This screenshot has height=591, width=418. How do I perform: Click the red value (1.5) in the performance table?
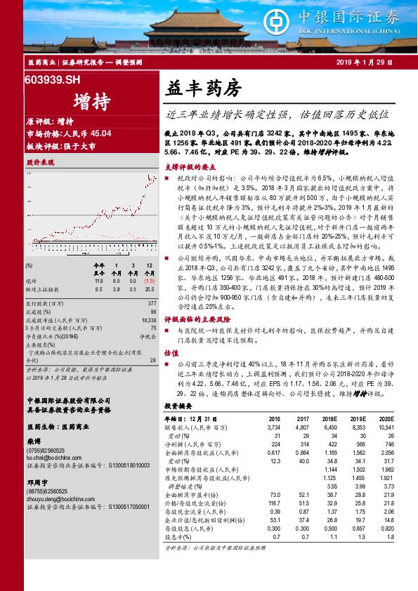(x=150, y=282)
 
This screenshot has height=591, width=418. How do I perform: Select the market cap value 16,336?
(x=148, y=319)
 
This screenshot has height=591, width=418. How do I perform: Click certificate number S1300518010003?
(x=127, y=464)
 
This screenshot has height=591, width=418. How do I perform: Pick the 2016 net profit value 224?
(x=275, y=444)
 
